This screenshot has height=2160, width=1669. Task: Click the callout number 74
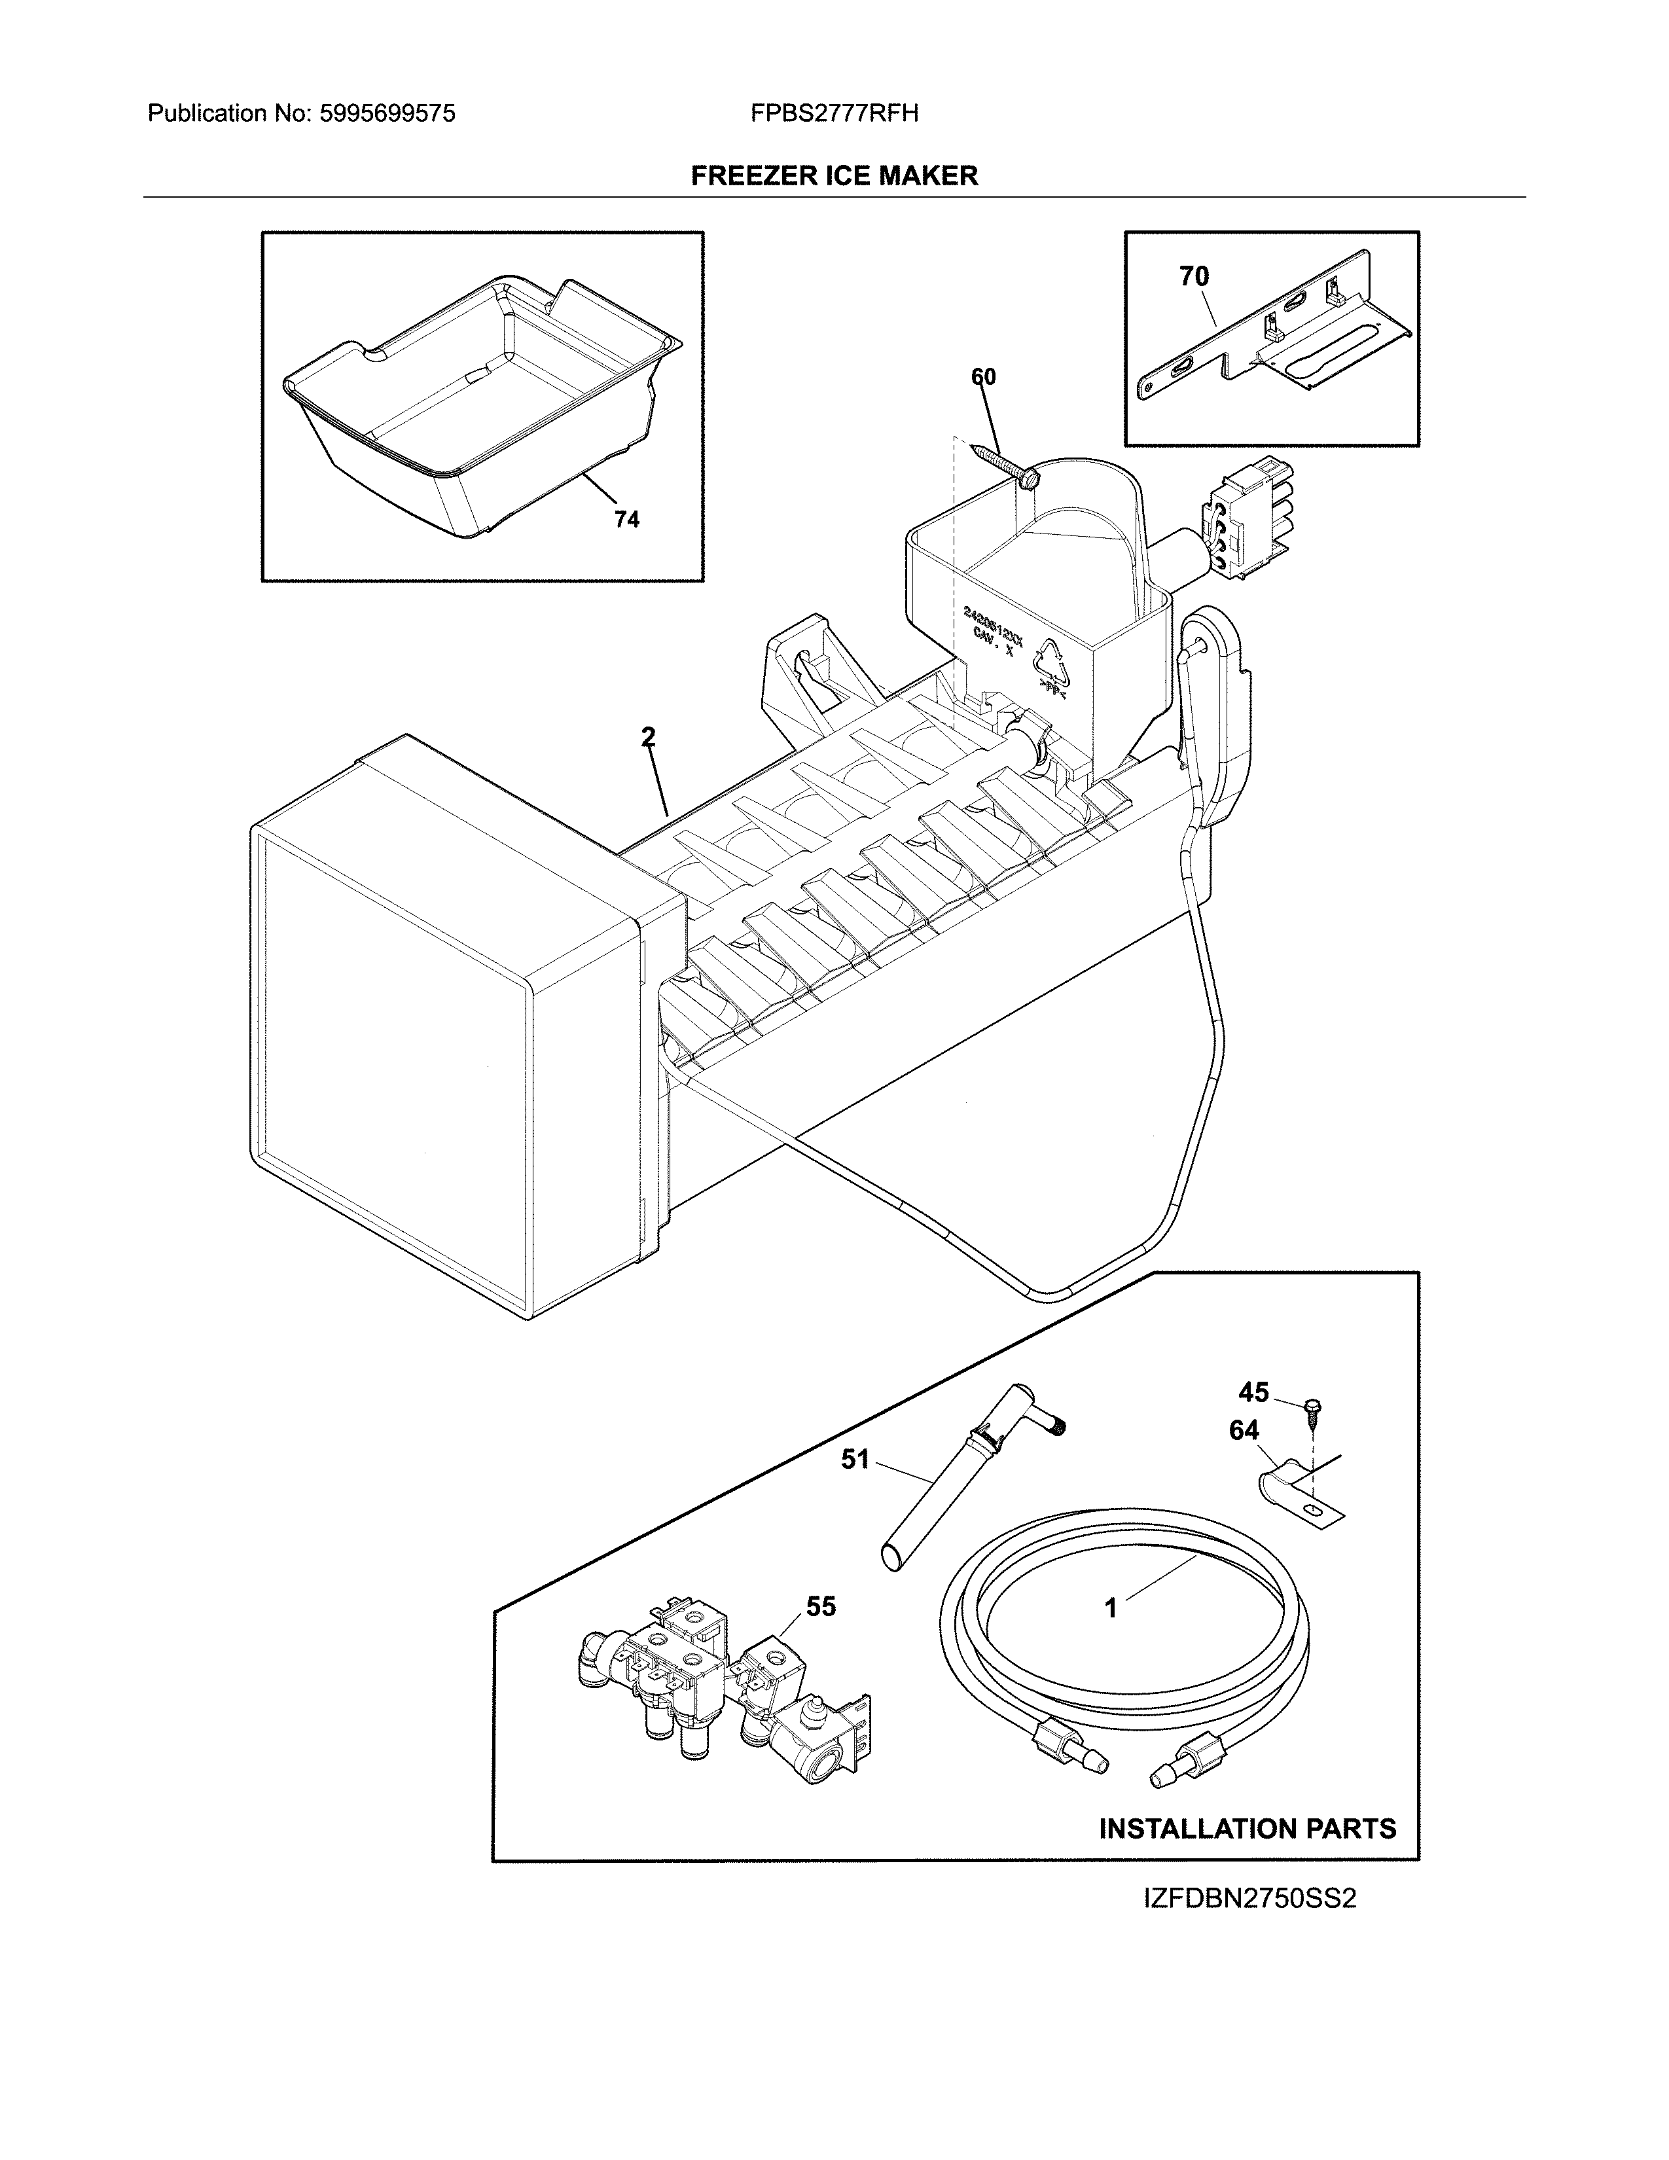pyautogui.click(x=626, y=519)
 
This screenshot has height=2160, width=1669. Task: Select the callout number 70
pyautogui.click(x=1193, y=277)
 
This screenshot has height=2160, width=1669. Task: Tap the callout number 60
pyautogui.click(x=983, y=377)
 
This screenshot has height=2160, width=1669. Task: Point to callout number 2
pyautogui.click(x=647, y=737)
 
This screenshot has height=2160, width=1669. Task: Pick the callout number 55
pyautogui.click(x=821, y=1606)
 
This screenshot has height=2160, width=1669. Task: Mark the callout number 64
pyautogui.click(x=1244, y=1430)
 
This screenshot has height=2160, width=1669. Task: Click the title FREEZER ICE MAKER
pyautogui.click(x=833, y=176)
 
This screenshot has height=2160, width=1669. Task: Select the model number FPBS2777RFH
pyautogui.click(x=833, y=114)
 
